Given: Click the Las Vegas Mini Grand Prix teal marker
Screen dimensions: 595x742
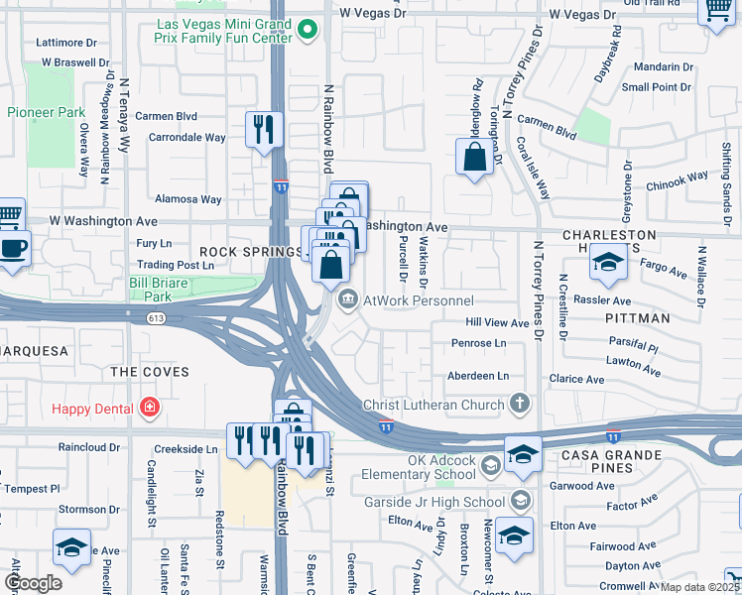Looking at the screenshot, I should click(309, 30).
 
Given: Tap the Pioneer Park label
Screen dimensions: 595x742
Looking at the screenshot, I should click(46, 112).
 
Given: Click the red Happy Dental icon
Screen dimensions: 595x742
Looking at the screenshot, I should click(149, 407).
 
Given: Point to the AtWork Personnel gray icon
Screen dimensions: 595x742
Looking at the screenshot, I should click(348, 299).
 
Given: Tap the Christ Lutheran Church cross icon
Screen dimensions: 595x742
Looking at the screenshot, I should click(518, 404).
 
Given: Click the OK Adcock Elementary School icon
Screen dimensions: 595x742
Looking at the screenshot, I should click(490, 465).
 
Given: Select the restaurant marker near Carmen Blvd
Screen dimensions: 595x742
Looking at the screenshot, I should click(264, 129).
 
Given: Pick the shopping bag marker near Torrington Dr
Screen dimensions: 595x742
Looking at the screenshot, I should click(475, 157).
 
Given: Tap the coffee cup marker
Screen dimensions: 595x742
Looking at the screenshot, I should click(13, 247).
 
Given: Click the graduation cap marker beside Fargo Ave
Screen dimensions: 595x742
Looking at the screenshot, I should click(606, 263).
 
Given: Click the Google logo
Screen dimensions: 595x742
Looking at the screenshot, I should click(34, 583).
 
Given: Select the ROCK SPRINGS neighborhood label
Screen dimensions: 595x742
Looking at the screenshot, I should click(249, 252).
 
